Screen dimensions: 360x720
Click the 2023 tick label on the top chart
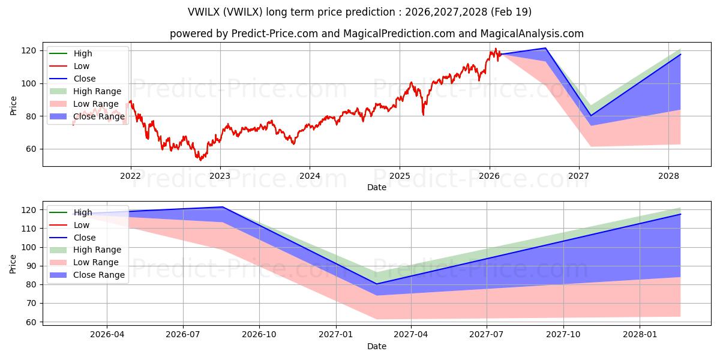click(220, 176)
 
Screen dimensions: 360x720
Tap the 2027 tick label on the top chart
click(579, 176)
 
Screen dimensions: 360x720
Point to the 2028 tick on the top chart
click(668, 176)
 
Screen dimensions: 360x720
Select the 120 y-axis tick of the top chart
click(31, 50)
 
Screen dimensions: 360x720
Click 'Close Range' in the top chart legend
click(98, 116)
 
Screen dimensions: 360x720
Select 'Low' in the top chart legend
click(82, 66)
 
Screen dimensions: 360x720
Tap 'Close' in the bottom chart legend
click(85, 237)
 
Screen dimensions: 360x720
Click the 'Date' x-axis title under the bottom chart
click(377, 346)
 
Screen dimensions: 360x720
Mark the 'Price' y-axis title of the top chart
click(14, 105)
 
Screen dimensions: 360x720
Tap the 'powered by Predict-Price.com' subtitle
click(377, 34)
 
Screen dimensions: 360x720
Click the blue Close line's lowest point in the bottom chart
click(376, 284)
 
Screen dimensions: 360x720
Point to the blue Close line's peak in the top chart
click(545, 48)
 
